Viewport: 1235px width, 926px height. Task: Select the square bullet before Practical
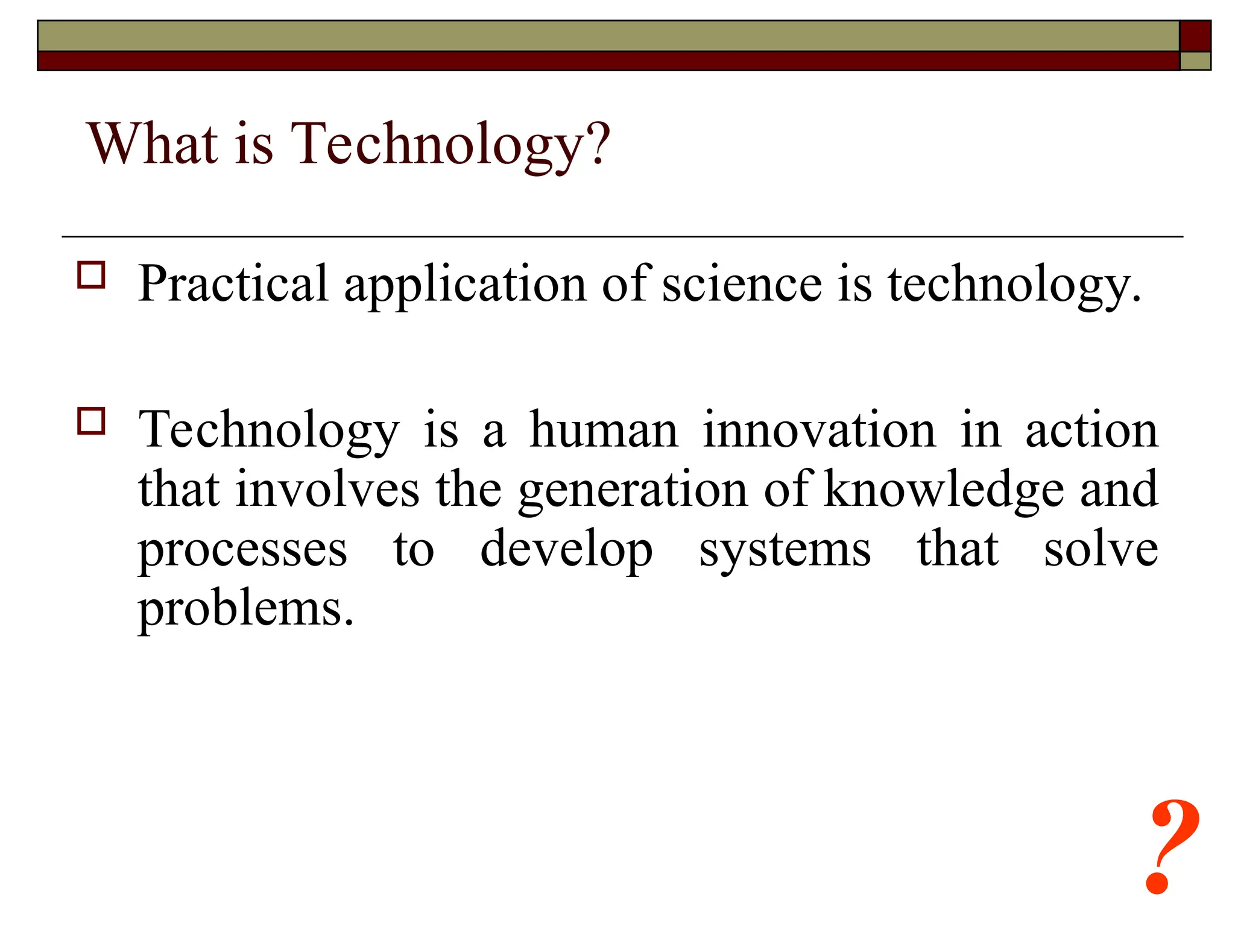(91, 275)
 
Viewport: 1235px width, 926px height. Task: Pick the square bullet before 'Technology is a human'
(91, 421)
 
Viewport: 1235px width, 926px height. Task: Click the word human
(604, 430)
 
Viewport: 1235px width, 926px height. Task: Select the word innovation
(819, 430)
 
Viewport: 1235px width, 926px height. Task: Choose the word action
(1091, 430)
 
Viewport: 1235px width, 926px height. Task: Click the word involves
(327, 489)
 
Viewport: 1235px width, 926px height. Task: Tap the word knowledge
(944, 489)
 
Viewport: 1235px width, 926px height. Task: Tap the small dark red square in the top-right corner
(1195, 36)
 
